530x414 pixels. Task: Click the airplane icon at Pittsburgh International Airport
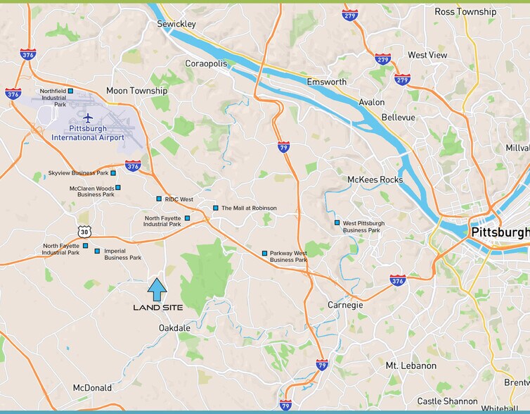[x=87, y=117]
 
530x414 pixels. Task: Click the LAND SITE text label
[x=158, y=308]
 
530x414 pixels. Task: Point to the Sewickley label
[x=176, y=24]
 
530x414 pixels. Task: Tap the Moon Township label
[x=136, y=91]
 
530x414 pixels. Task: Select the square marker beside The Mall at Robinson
[x=216, y=208]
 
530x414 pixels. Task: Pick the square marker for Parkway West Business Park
[x=264, y=253]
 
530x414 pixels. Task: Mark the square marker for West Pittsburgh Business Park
[x=337, y=222]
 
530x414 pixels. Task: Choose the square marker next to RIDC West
[x=159, y=199]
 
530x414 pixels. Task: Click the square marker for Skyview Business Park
[x=113, y=172]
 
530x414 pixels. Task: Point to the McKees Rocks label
[x=375, y=180]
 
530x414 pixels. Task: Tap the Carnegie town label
[x=345, y=305]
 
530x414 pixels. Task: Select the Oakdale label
[x=174, y=328]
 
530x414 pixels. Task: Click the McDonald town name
[x=92, y=388]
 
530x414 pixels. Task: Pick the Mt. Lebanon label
[x=411, y=366]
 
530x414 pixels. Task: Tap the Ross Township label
[x=465, y=12]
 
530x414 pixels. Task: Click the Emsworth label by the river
[x=327, y=82]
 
